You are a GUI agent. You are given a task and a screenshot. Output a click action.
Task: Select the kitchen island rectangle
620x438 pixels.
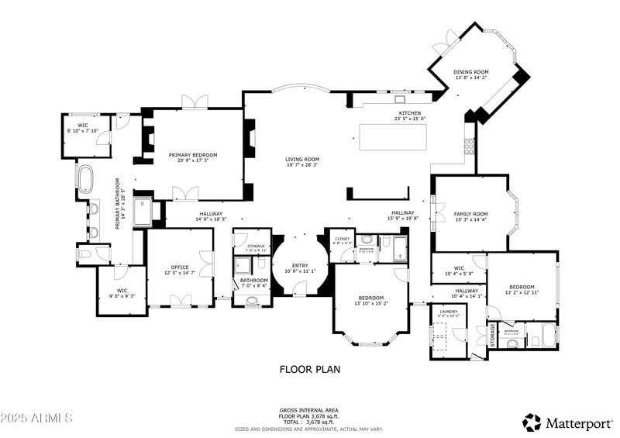pyautogui.click(x=393, y=136)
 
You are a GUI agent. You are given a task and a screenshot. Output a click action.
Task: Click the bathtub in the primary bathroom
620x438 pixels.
pyautogui.click(x=84, y=178)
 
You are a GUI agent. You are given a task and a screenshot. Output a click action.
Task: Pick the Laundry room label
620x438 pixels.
pyautogui.click(x=448, y=313)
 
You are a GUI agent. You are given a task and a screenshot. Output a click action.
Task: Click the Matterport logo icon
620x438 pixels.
pyautogui.click(x=532, y=422)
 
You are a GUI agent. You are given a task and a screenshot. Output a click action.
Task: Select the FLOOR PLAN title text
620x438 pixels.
pyautogui.click(x=309, y=370)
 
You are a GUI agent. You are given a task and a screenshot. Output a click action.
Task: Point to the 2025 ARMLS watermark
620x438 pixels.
pyautogui.click(x=36, y=419)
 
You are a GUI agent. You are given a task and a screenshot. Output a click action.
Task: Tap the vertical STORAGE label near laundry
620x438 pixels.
pyautogui.click(x=492, y=335)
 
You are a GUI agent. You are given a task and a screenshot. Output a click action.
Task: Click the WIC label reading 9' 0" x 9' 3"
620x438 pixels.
pyautogui.click(x=122, y=292)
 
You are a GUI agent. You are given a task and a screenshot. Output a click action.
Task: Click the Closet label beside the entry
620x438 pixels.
pyautogui.click(x=342, y=240)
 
